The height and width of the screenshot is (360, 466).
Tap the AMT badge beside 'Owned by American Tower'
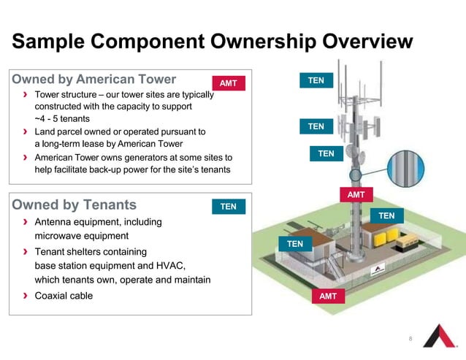coord(228,83)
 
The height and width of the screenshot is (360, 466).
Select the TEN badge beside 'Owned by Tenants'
coord(228,207)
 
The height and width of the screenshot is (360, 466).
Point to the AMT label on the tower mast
coord(356,196)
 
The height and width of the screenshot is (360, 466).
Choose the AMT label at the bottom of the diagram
coord(328,296)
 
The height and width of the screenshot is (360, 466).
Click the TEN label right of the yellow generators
coord(386,215)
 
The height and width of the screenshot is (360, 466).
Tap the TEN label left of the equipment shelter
coord(294,243)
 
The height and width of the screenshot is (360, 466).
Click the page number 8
coord(410,339)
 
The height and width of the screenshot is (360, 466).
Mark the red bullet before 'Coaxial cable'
coord(26,296)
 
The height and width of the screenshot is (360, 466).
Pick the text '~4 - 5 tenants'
coord(63,118)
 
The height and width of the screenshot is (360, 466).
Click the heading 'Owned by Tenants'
coord(75,204)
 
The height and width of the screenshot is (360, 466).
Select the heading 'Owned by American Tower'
coord(94,79)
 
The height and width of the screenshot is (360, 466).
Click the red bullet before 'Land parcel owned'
coord(26,132)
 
